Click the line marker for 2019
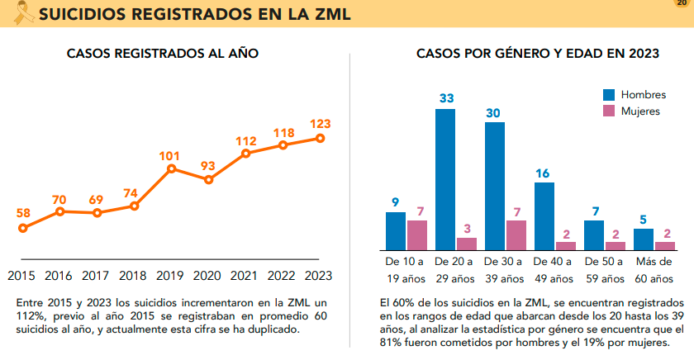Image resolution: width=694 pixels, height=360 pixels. click(171, 168)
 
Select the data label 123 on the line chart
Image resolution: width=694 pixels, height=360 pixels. click(321, 124)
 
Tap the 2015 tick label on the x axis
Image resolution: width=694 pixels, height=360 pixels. click(22, 275)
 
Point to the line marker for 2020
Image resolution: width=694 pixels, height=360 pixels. click(208, 179)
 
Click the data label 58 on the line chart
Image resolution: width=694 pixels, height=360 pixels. click(23, 214)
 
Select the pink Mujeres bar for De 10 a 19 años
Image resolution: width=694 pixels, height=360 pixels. click(417, 235)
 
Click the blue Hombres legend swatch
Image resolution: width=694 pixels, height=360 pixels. click(609, 94)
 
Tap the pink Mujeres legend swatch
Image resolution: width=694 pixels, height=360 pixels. click(609, 111)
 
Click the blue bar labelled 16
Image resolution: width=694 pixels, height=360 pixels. click(544, 216)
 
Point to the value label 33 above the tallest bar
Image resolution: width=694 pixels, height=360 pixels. click(446, 98)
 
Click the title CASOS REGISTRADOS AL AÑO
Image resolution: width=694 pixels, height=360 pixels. click(163, 53)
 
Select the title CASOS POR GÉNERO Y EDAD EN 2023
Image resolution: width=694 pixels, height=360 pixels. click(537, 53)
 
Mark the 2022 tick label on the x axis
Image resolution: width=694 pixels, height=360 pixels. click(283, 275)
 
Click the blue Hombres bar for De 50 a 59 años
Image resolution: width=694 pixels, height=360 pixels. click(594, 234)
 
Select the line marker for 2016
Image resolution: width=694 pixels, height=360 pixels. click(59, 211)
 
